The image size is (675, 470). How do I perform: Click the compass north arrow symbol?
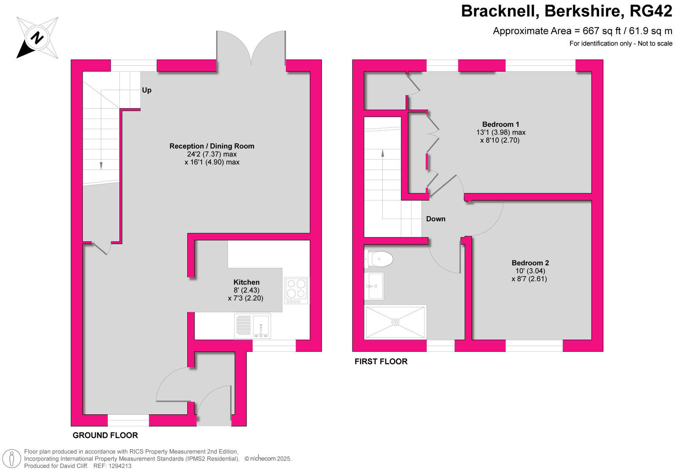[x=37, y=38]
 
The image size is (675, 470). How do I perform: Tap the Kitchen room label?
[x=246, y=282]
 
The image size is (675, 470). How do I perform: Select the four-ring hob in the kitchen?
[x=296, y=290]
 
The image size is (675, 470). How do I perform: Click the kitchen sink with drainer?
[x=252, y=326]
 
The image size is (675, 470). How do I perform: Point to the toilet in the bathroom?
[x=378, y=258]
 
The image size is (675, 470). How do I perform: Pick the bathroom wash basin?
[x=374, y=286]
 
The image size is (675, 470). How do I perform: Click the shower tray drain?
[x=395, y=322]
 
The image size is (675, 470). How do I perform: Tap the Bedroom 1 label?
[x=501, y=124]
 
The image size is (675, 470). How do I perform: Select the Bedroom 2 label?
[x=530, y=263]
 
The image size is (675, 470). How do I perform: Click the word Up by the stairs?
[x=146, y=90]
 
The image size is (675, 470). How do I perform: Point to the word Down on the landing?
[x=435, y=219]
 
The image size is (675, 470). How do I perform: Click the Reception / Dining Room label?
[x=212, y=146]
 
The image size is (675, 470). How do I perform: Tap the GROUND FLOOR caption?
[x=105, y=435]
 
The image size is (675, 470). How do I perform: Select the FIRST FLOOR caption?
[x=381, y=362]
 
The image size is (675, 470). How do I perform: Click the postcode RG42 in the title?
[x=651, y=11]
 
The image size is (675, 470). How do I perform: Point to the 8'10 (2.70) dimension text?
[x=499, y=140]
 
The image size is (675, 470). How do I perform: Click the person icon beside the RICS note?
[x=12, y=459]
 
